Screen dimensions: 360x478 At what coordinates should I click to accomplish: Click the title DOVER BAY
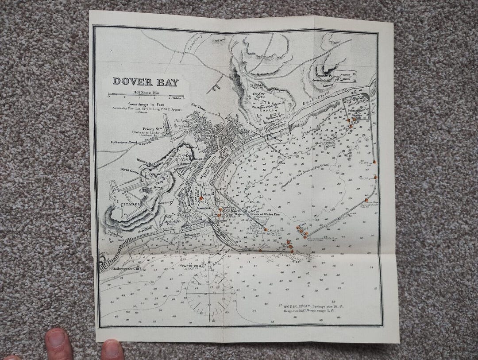pyautogui.click(x=146, y=81)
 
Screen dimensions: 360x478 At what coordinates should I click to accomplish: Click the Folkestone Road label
pyautogui.click(x=123, y=143)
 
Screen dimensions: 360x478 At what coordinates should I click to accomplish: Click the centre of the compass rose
pyautogui.click(x=208, y=293)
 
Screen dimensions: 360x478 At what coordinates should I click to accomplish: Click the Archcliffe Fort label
pyautogui.click(x=170, y=221)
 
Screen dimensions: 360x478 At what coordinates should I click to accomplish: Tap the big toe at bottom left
pyautogui.click(x=58, y=344)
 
